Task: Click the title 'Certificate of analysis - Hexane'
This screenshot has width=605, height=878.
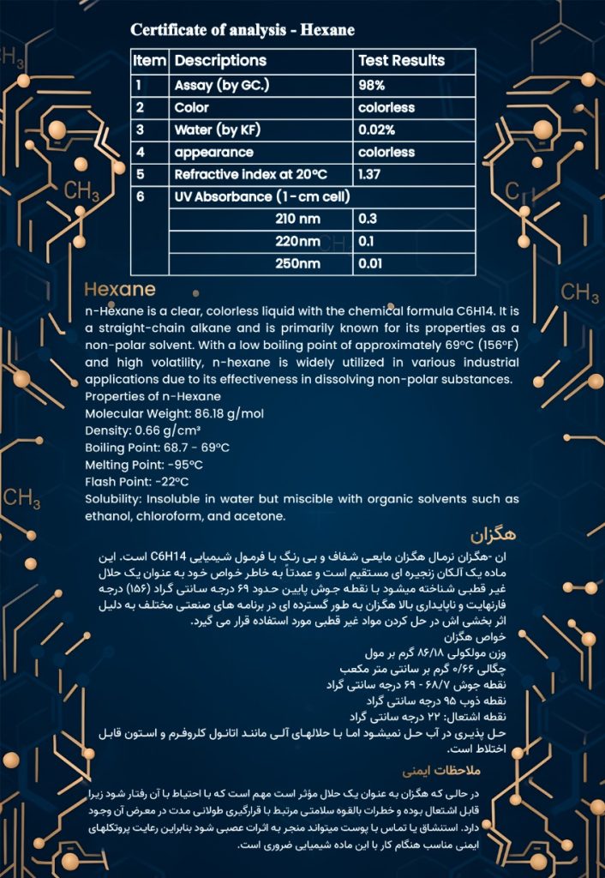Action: [x=243, y=30]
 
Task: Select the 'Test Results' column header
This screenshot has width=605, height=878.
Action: [x=401, y=61]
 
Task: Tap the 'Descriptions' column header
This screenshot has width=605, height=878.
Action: [x=220, y=61]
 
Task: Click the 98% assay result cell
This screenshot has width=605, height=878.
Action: [x=372, y=86]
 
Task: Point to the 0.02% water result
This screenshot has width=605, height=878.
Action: [x=377, y=130]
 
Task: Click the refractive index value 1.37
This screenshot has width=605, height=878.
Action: [x=369, y=174]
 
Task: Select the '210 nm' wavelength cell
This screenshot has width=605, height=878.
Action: [x=298, y=219]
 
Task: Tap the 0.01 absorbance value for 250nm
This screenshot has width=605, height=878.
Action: [x=370, y=263]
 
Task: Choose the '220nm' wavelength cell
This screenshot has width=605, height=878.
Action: [x=298, y=241]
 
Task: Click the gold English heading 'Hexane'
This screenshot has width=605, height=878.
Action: [x=120, y=289]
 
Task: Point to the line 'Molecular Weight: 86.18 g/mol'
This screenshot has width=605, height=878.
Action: [x=175, y=413]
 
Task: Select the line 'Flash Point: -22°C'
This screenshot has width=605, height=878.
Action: [x=137, y=481]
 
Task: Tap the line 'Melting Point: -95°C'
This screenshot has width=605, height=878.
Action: [x=144, y=464]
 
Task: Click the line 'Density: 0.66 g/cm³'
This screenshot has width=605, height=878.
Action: [x=143, y=430]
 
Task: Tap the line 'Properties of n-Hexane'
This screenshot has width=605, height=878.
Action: [x=153, y=396]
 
